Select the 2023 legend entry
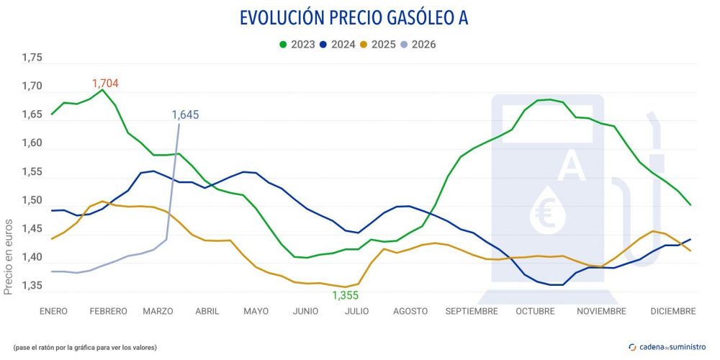tap(297, 44)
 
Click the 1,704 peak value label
tap(105, 84)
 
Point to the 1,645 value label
tap(185, 114)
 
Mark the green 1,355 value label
tap(345, 296)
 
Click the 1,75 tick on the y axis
tap(32, 58)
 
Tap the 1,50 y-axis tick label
tap(32, 201)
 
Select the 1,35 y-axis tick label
tap(32, 287)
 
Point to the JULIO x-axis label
tap(357, 311)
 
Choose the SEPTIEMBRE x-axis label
tap(472, 311)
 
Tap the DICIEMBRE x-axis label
tap(672, 311)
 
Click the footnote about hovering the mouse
tap(84, 348)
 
